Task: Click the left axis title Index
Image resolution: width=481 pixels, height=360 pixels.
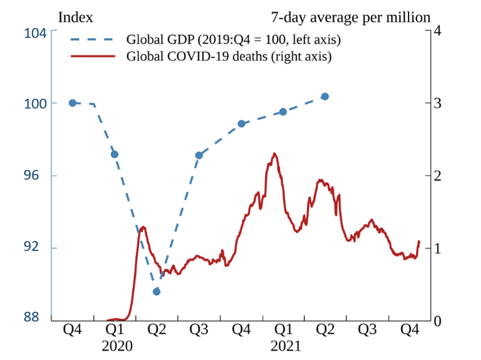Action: click(x=75, y=17)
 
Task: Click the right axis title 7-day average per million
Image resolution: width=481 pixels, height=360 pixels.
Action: click(x=350, y=17)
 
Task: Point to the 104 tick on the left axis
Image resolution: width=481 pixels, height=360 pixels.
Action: click(x=36, y=33)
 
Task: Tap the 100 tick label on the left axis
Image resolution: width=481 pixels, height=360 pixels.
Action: click(x=36, y=103)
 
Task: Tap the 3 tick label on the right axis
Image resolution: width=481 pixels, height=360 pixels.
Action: click(x=437, y=103)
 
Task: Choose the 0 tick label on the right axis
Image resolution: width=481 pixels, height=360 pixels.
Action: click(x=437, y=320)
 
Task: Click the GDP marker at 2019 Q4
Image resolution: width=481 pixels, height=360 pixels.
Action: click(x=72, y=103)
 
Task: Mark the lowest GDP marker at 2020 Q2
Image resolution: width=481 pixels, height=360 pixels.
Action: click(x=156, y=292)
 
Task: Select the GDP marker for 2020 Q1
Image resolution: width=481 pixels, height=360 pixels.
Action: click(x=114, y=154)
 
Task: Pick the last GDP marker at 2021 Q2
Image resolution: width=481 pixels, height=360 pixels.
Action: click(x=325, y=96)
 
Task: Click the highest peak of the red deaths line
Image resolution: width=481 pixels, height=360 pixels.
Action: click(x=275, y=153)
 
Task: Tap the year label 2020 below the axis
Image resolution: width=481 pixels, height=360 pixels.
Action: click(x=117, y=346)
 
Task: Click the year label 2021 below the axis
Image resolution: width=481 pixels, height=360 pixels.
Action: click(x=285, y=346)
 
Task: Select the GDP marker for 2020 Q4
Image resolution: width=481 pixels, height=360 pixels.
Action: click(x=241, y=123)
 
